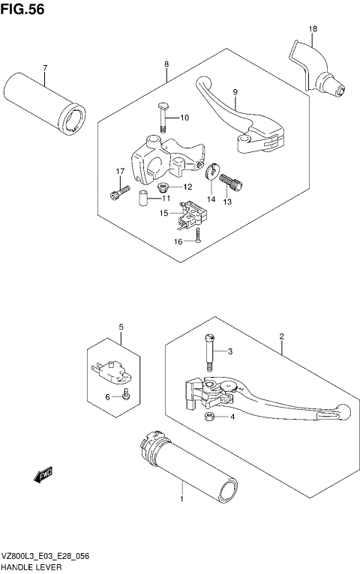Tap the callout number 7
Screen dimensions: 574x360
tap(45, 69)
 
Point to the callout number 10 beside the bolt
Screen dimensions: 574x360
tap(185, 118)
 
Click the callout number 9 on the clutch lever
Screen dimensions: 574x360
tap(235, 92)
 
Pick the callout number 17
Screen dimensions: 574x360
tap(118, 172)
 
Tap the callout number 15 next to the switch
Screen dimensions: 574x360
tap(163, 214)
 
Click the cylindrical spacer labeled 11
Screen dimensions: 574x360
tap(139, 199)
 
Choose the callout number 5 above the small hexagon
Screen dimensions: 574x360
tap(118, 327)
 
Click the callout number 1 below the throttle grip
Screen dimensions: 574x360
tap(181, 498)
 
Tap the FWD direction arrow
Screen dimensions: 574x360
tap(41, 474)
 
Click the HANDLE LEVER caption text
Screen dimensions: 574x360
tap(31, 568)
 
